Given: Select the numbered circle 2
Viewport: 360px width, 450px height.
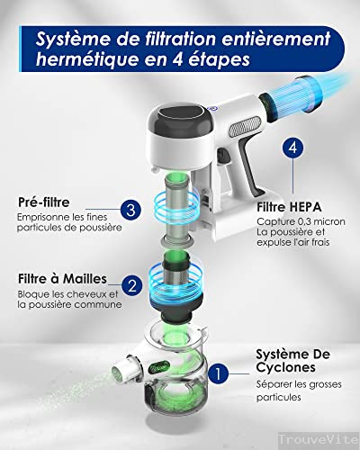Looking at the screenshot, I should [132, 286].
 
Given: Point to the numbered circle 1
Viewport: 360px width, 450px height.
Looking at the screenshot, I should [215, 369].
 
